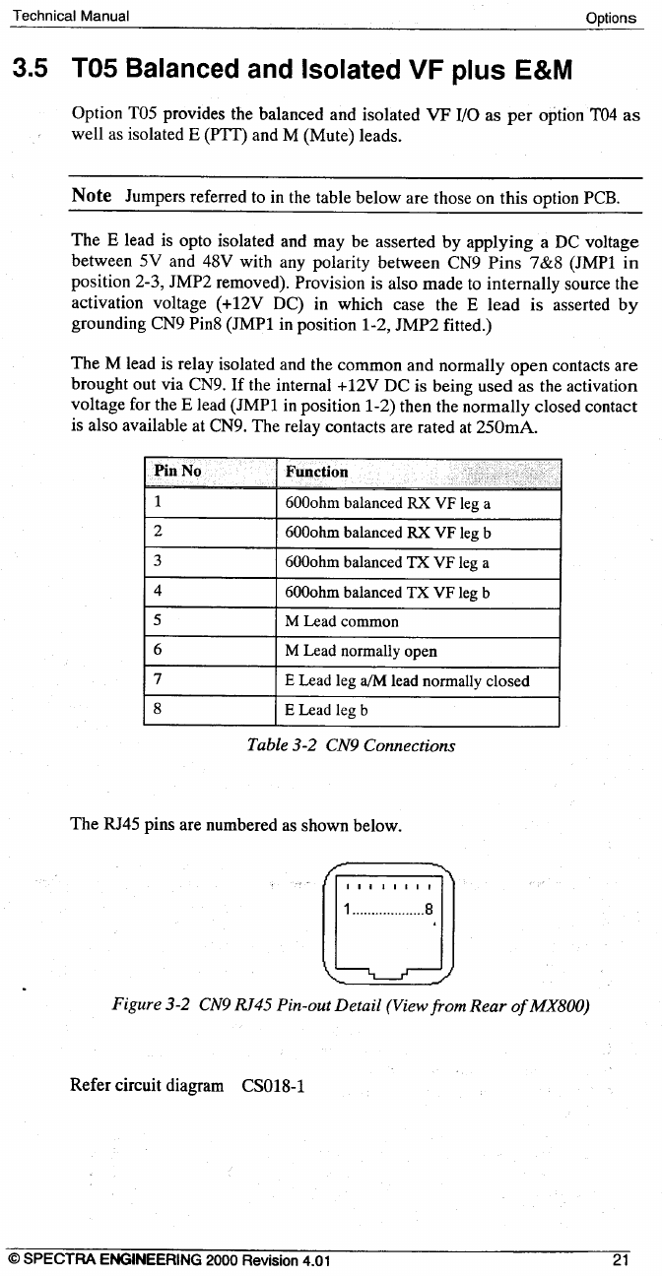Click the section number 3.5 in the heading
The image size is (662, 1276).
[x=30, y=70]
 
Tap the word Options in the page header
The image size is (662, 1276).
[x=611, y=18]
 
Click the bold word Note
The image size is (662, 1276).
[x=91, y=195]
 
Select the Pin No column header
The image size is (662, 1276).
[x=177, y=472]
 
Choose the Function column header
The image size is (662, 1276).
[x=316, y=472]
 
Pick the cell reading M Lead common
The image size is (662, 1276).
[x=342, y=622]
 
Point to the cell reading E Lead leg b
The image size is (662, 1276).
[x=326, y=710]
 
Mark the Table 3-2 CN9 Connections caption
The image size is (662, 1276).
[x=352, y=745]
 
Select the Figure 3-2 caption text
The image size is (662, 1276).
[x=351, y=1006]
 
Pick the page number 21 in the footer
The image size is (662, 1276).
[x=620, y=1259]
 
